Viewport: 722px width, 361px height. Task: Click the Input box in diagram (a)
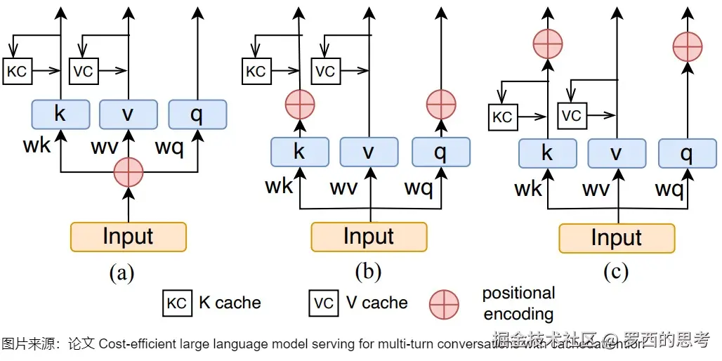(128, 237)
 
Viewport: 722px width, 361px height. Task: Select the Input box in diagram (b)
(369, 237)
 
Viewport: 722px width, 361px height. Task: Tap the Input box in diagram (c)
(616, 238)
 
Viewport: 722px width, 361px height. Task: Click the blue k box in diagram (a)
(60, 114)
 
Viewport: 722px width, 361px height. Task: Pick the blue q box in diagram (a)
(197, 114)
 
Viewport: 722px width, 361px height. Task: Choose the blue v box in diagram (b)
(369, 152)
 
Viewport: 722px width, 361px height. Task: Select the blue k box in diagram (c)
(547, 153)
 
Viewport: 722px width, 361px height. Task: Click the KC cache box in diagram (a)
(17, 71)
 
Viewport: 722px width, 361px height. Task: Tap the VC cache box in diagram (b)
(325, 71)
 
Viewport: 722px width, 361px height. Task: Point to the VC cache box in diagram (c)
(572, 115)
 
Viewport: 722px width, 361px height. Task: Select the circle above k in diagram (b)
(300, 105)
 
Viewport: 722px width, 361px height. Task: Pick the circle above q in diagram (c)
(688, 46)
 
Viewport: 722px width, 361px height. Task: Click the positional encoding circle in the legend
(444, 303)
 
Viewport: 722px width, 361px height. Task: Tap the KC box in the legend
(176, 303)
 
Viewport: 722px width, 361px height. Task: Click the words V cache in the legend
(376, 303)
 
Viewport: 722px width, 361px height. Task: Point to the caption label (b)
(367, 272)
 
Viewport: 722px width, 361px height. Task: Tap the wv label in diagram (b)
(344, 188)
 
